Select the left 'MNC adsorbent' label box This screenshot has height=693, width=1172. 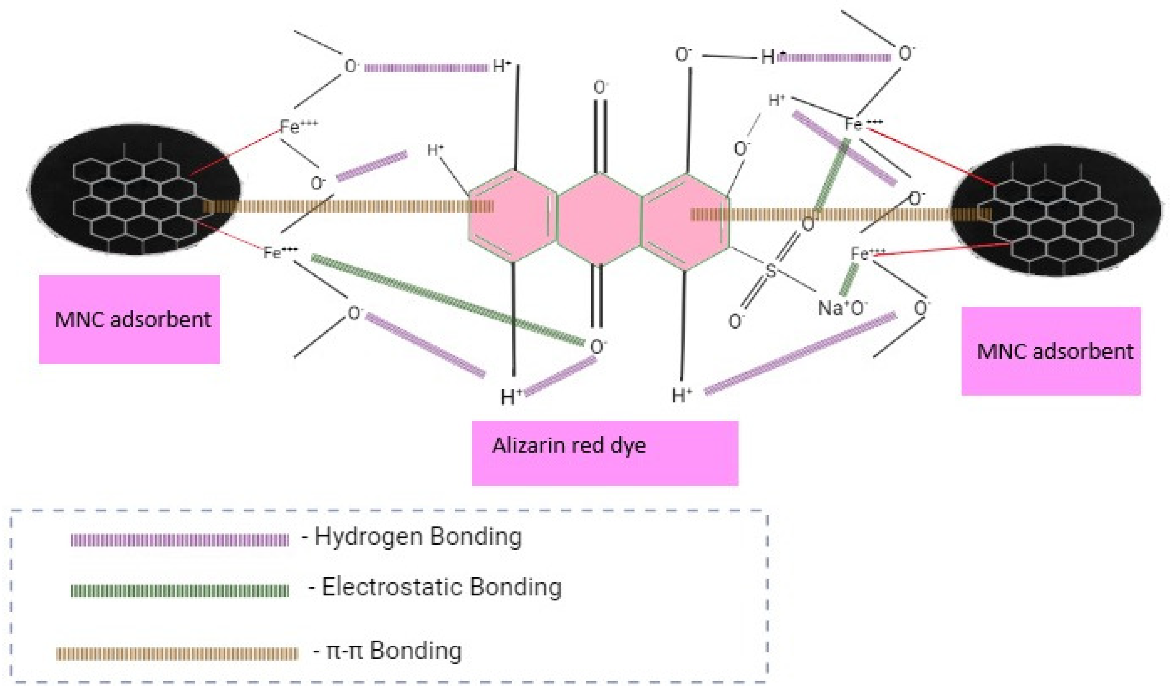[129, 319]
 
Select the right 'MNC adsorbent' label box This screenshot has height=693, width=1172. [1051, 351]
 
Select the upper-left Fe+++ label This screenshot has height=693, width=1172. [298, 126]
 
